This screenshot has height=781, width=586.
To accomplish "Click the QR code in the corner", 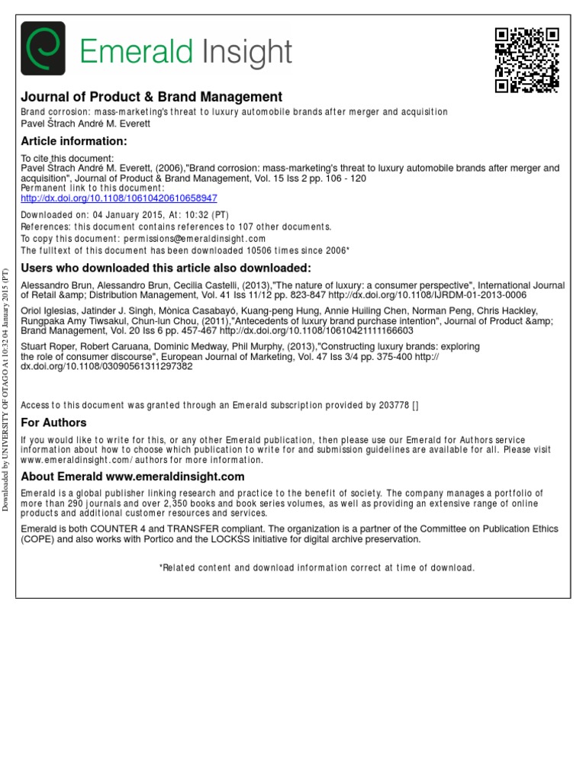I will tap(526, 60).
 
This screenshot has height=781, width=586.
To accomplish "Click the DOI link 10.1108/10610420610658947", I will tap(119, 198).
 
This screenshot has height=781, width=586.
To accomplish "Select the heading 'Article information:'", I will tap(73, 141).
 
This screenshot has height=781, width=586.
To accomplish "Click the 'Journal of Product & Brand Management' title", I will tap(151, 97).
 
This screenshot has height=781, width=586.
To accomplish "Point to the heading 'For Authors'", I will tap(53, 423).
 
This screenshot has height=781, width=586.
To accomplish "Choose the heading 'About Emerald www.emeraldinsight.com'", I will tap(133, 477).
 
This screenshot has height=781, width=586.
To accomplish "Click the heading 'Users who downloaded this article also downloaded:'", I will tap(166, 268).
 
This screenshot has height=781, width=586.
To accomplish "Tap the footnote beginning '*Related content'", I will tap(316, 567).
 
